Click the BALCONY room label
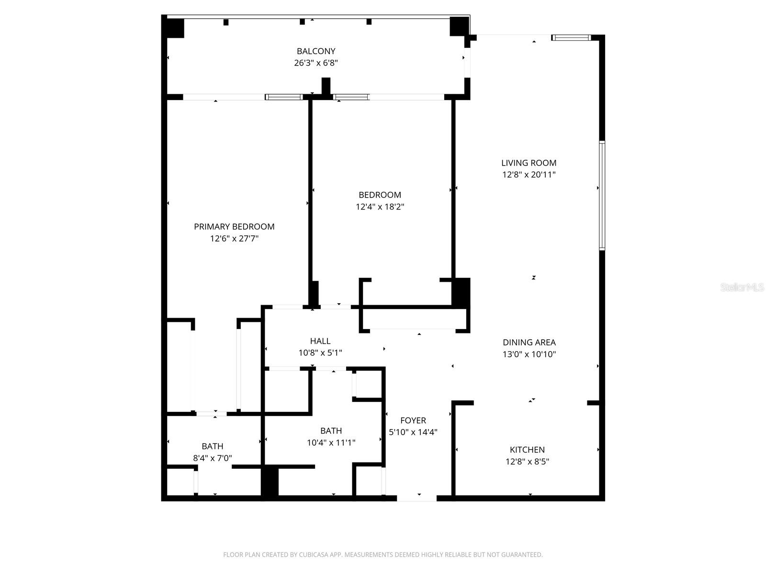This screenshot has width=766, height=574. pyautogui.click(x=316, y=51)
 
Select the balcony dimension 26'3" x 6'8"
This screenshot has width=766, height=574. pyautogui.click(x=316, y=63)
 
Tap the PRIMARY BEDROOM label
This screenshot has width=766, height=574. pyautogui.click(x=234, y=227)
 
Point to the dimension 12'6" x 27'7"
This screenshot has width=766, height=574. pyautogui.click(x=234, y=238)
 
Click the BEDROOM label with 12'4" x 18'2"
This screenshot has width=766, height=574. pyautogui.click(x=380, y=195)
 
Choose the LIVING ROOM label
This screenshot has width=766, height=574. pyautogui.click(x=529, y=163)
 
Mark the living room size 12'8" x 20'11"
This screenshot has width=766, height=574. pyautogui.click(x=529, y=175)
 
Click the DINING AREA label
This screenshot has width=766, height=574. pyautogui.click(x=529, y=342)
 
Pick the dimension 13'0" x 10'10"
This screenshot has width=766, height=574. pyautogui.click(x=529, y=354)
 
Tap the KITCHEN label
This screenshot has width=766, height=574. pyautogui.click(x=527, y=450)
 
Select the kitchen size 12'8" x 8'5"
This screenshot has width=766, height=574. pyautogui.click(x=527, y=462)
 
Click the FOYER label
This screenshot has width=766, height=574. pyautogui.click(x=413, y=420)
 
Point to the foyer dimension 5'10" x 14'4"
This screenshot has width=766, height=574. pyautogui.click(x=413, y=432)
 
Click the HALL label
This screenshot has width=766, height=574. pyautogui.click(x=320, y=341)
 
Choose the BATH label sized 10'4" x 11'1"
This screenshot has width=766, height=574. pyautogui.click(x=331, y=430)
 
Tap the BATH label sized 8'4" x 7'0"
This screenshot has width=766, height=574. pyautogui.click(x=212, y=446)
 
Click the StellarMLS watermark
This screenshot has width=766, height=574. pyautogui.click(x=742, y=287)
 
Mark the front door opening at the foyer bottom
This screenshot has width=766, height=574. pyautogui.click(x=417, y=498)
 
